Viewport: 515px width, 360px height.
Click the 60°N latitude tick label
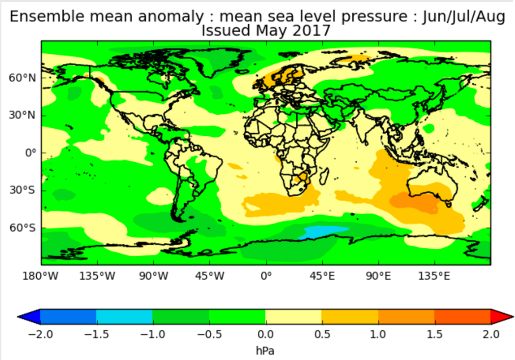pos(22,78)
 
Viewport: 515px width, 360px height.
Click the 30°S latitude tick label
pos(22,190)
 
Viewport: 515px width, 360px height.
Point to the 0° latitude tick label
pos(30,153)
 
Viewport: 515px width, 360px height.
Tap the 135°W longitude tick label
pos(97,276)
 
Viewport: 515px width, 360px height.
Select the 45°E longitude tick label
pos(322,276)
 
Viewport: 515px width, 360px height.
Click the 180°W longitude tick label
pos(40,276)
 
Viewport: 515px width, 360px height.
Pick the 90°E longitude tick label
pos(378,276)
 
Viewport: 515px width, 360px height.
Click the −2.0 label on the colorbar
pos(40,334)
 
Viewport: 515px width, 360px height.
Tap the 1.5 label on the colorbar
pos(434,334)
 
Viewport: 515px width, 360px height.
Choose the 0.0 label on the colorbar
pos(265,334)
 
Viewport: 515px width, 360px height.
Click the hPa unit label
pos(265,351)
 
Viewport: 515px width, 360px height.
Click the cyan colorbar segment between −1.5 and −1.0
pos(125,317)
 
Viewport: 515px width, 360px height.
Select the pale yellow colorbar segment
pos(293,317)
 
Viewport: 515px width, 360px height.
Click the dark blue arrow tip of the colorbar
pos(19,317)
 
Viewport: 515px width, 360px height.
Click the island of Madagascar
pos(324,176)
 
